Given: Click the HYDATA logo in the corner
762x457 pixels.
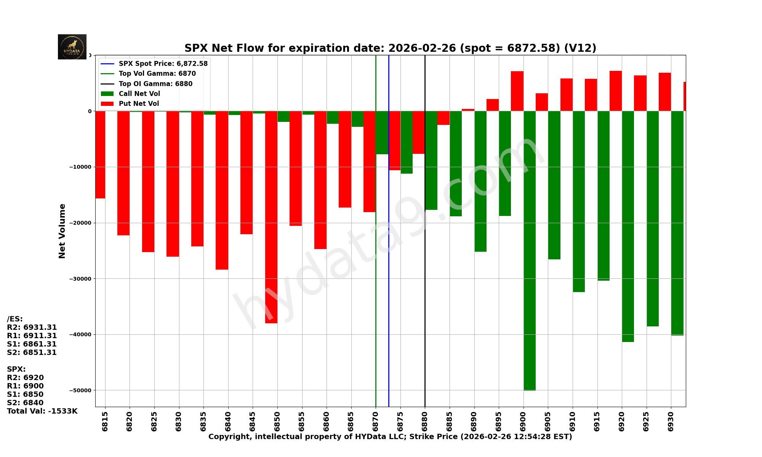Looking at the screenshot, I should (x=72, y=47).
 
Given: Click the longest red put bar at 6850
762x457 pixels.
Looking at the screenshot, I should (x=271, y=217).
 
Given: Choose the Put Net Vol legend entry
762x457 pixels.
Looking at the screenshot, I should (x=139, y=104).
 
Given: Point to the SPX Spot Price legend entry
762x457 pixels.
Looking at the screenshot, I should (x=163, y=64).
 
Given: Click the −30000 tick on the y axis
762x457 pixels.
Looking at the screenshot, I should (x=81, y=279).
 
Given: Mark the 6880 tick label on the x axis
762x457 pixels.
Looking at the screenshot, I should (x=425, y=421).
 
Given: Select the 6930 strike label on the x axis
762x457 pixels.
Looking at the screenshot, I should (x=671, y=421).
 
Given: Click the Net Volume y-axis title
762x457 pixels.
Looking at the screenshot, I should (x=62, y=231).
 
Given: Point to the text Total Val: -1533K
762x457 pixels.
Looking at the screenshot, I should (x=42, y=411).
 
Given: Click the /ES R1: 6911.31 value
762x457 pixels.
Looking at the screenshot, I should (x=32, y=336).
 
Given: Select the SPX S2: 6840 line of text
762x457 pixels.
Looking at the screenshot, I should (x=25, y=403).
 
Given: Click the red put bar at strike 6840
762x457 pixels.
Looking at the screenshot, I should (x=222, y=190).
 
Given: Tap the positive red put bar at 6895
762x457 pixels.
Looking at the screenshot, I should (x=493, y=105).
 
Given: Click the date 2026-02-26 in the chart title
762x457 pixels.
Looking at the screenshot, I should (x=422, y=48).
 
